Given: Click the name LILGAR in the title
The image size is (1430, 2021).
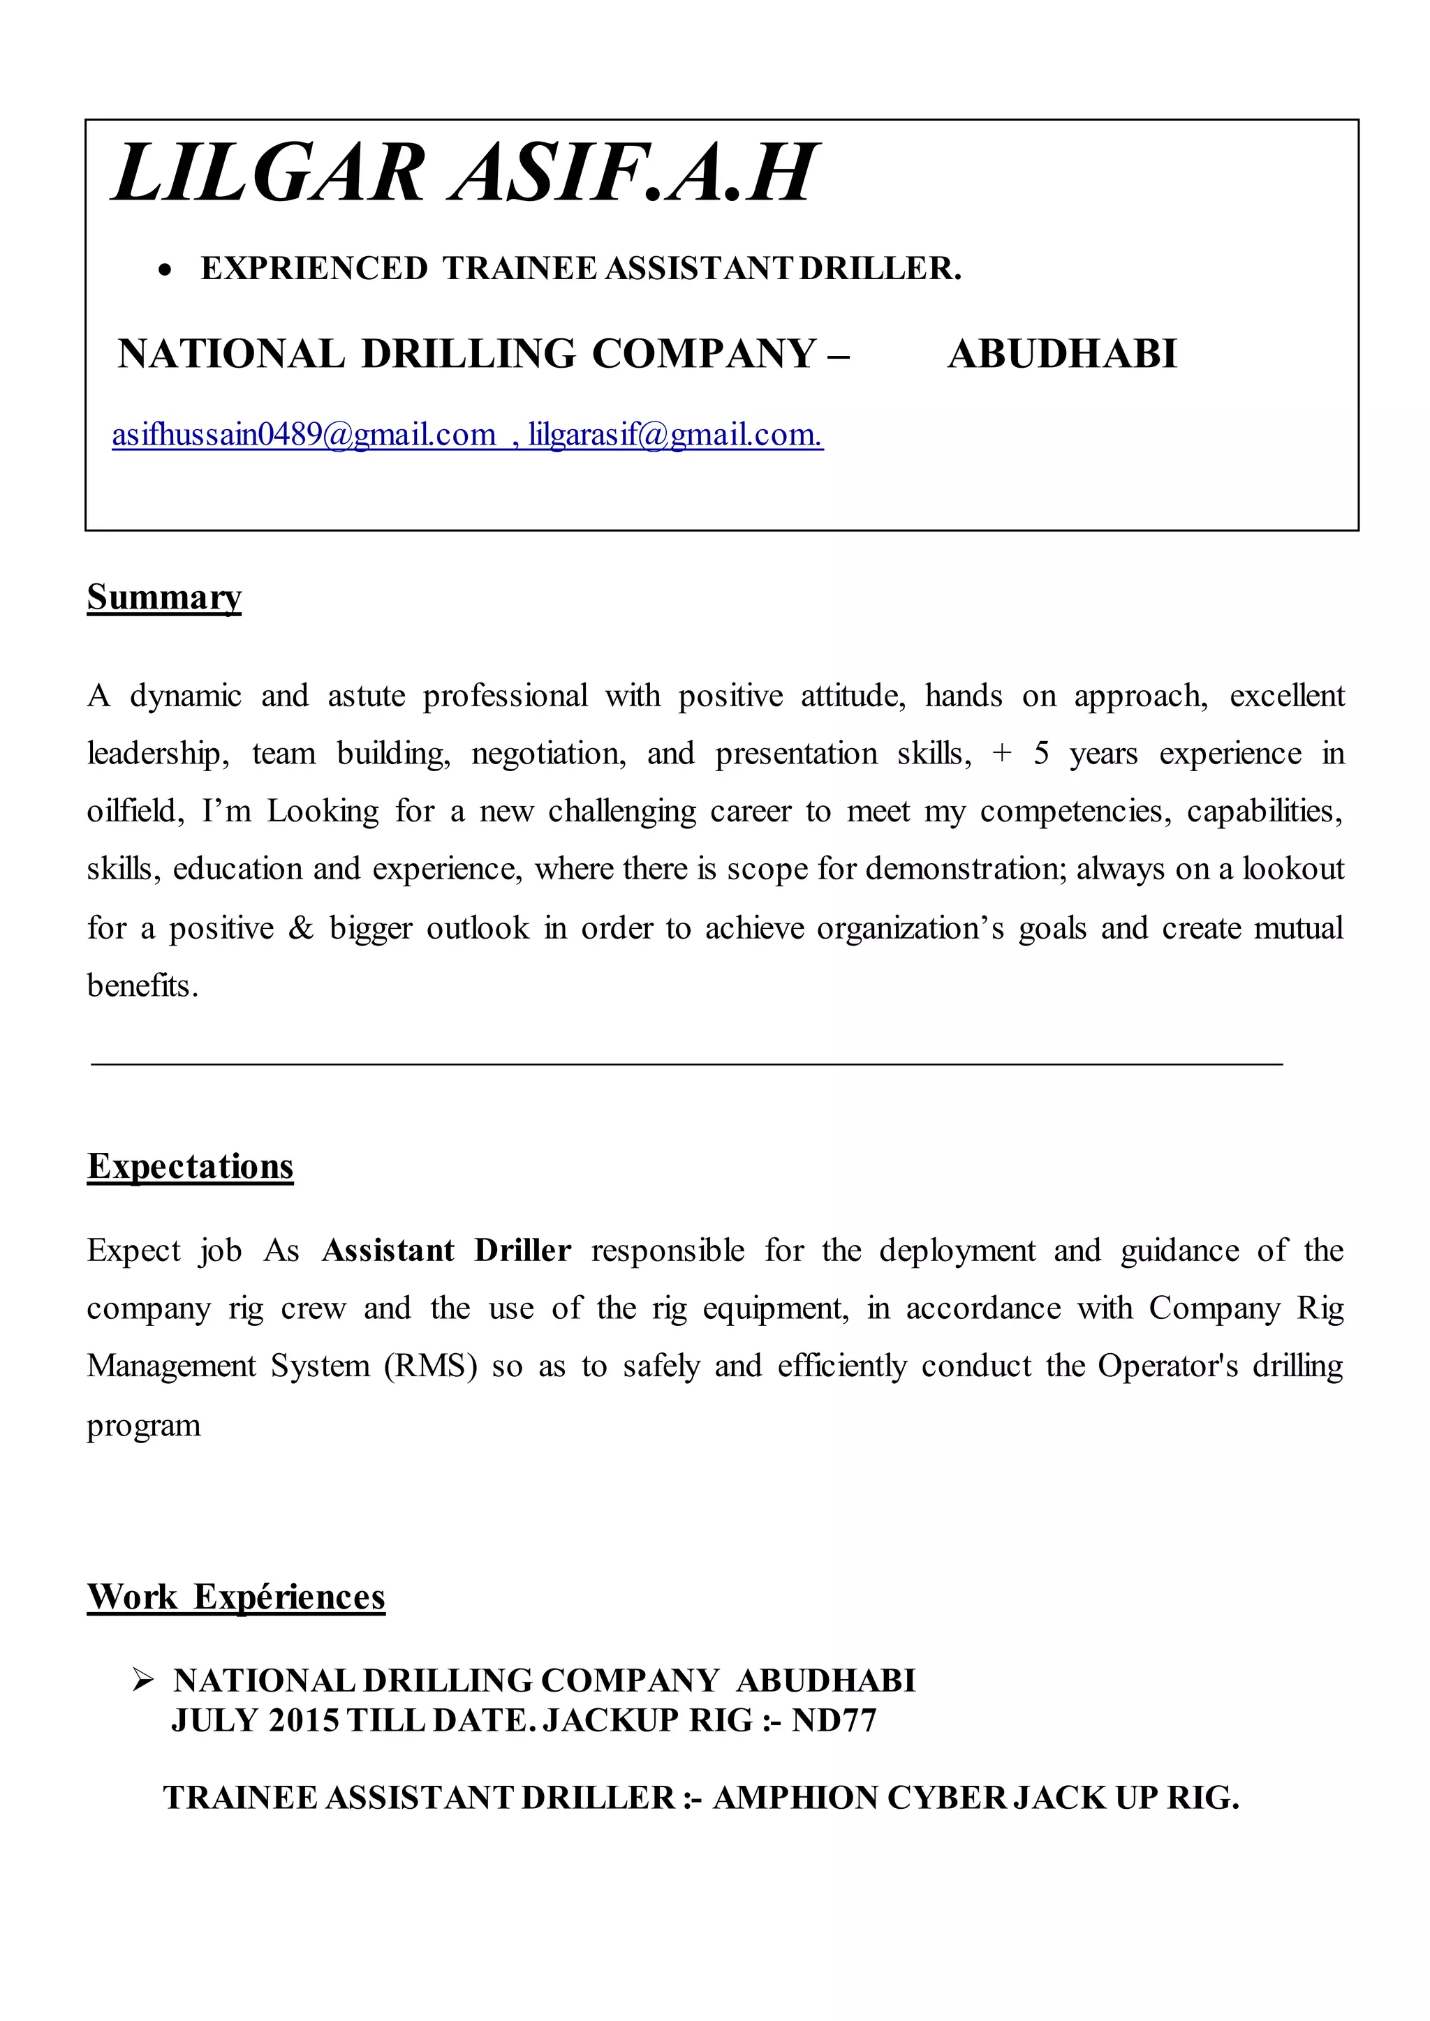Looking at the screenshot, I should coord(269,173).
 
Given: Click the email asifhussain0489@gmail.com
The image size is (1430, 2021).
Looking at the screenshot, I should coord(304,435).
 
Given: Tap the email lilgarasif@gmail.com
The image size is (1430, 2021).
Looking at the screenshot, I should coord(675,435).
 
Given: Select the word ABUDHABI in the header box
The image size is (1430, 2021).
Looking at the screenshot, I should coord(1062,354).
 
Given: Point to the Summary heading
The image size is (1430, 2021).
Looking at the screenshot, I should coord(164,597).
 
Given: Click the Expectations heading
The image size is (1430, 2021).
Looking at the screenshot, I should coord(190,1166).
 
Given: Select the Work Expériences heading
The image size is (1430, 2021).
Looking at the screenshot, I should coord(236,1597).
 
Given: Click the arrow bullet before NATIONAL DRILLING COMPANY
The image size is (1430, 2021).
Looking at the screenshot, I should coord(142,1681).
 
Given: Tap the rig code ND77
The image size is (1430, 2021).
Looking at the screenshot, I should coord(834,1720).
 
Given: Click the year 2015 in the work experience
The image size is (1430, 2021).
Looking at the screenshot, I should coord(304,1720).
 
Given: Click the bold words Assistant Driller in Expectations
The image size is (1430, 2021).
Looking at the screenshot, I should coord(446,1251).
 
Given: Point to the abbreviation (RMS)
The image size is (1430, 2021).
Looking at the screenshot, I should coord(431,1366).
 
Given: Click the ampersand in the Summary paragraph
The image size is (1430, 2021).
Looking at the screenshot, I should coord(301,927).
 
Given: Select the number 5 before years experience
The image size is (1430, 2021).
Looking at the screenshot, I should coord(1041,754).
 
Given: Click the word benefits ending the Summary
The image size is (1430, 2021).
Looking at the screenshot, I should coord(142,986).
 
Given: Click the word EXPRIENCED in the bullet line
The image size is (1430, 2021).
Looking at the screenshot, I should coord(314,269).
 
